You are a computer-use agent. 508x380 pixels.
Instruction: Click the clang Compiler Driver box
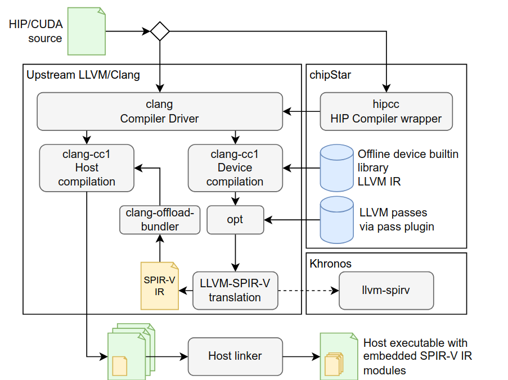pos(159,111)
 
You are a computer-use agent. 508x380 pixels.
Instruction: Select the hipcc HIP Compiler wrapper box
pos(386,111)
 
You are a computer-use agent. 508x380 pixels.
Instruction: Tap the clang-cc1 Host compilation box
pos(87,168)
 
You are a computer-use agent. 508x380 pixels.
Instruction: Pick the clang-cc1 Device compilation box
pos(235,168)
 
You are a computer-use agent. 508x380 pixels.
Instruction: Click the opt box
pos(235,219)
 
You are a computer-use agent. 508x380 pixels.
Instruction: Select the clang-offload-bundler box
pos(160,219)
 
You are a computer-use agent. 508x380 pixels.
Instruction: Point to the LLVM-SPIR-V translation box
pos(235,291)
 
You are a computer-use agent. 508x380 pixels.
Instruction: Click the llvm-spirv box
pos(386,291)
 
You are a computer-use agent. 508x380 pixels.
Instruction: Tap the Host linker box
pos(235,356)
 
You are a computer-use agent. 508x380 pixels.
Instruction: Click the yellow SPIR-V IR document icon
pos(160,286)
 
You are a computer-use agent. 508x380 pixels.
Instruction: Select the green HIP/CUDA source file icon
pos(86,31)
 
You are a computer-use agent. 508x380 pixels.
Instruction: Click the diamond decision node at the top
pos(160,31)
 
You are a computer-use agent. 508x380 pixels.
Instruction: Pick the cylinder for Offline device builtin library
pos(335,168)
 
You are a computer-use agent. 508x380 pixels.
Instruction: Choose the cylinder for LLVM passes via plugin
pos(335,220)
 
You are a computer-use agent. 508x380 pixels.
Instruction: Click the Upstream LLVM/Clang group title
pos(83,74)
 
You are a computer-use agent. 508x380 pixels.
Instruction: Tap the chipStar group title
pos(330,74)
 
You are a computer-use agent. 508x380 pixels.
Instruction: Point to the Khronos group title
pos(330,263)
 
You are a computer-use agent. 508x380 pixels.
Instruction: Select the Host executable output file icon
pos(338,356)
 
